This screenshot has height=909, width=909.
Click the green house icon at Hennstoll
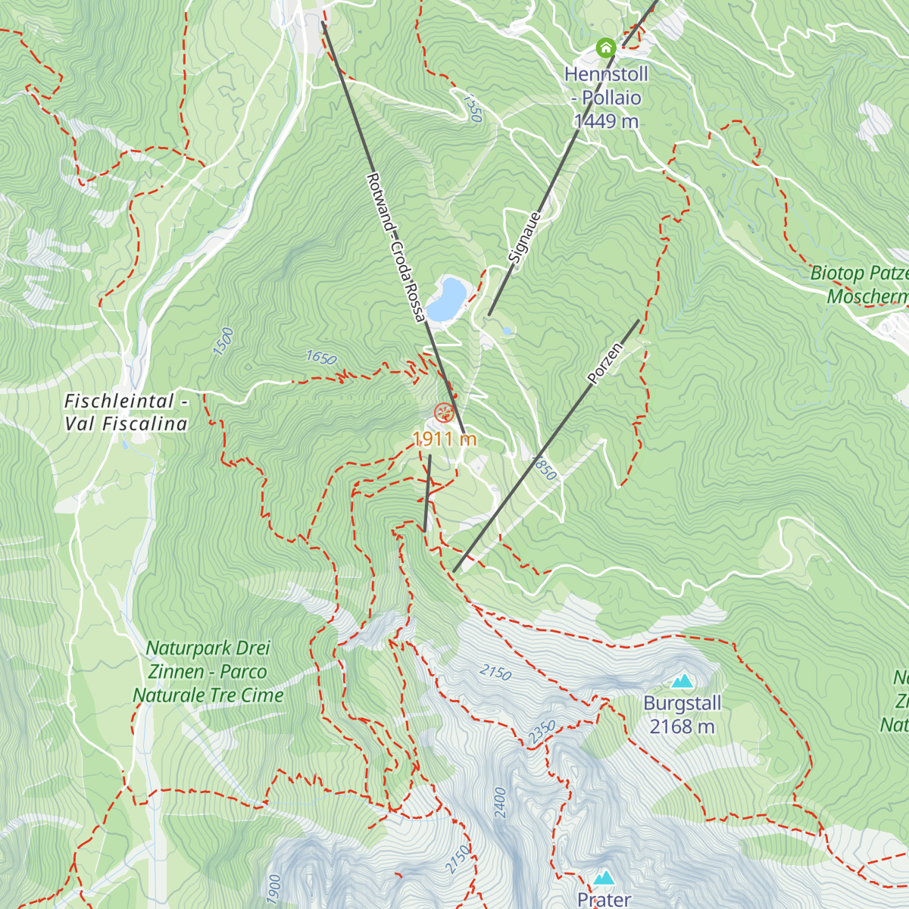point(605,48)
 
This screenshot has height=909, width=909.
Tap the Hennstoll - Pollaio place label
point(606,86)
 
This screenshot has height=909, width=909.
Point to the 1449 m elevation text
point(606,121)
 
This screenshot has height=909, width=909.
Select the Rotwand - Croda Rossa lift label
point(395,247)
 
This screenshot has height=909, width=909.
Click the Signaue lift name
point(526,238)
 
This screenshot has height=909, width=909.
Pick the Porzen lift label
point(605,363)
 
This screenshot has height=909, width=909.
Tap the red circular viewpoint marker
point(444,413)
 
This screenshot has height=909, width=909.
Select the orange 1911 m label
point(445,439)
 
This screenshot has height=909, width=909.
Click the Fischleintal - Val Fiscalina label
point(126,412)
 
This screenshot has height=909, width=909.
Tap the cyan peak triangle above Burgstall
point(682,681)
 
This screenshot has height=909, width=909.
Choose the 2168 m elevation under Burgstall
point(682,726)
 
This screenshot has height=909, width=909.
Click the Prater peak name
point(604,899)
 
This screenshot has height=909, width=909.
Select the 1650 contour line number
point(321,358)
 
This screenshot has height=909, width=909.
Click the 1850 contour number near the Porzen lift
point(544,467)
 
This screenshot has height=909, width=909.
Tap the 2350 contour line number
point(542,732)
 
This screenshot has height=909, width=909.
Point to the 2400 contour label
point(499,802)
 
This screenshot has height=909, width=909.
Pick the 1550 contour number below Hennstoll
point(471,108)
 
